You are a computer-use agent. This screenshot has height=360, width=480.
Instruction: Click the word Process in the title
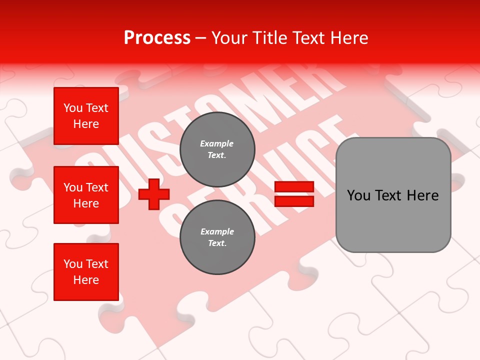click(157, 38)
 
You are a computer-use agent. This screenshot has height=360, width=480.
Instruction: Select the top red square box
click(86, 116)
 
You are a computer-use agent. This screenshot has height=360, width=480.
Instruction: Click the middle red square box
click(86, 195)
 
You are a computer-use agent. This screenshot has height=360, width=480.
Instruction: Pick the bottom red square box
click(86, 272)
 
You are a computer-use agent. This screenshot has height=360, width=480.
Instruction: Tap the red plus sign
click(154, 194)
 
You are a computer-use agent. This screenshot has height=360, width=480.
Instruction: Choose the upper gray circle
click(217, 149)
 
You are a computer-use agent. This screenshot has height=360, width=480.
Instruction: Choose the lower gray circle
click(217, 237)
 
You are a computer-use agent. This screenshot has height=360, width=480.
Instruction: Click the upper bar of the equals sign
click(294, 187)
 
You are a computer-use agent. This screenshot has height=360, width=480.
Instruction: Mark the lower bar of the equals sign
click(294, 201)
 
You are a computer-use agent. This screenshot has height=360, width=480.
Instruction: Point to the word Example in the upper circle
click(217, 143)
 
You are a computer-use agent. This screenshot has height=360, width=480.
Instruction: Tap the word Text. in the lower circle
click(217, 243)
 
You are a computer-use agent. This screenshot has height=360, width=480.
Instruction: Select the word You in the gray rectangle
click(358, 195)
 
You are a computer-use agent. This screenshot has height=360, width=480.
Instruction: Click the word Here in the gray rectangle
click(423, 195)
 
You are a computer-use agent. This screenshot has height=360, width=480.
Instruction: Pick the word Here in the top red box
click(86, 124)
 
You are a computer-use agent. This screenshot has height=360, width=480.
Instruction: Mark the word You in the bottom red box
click(73, 264)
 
